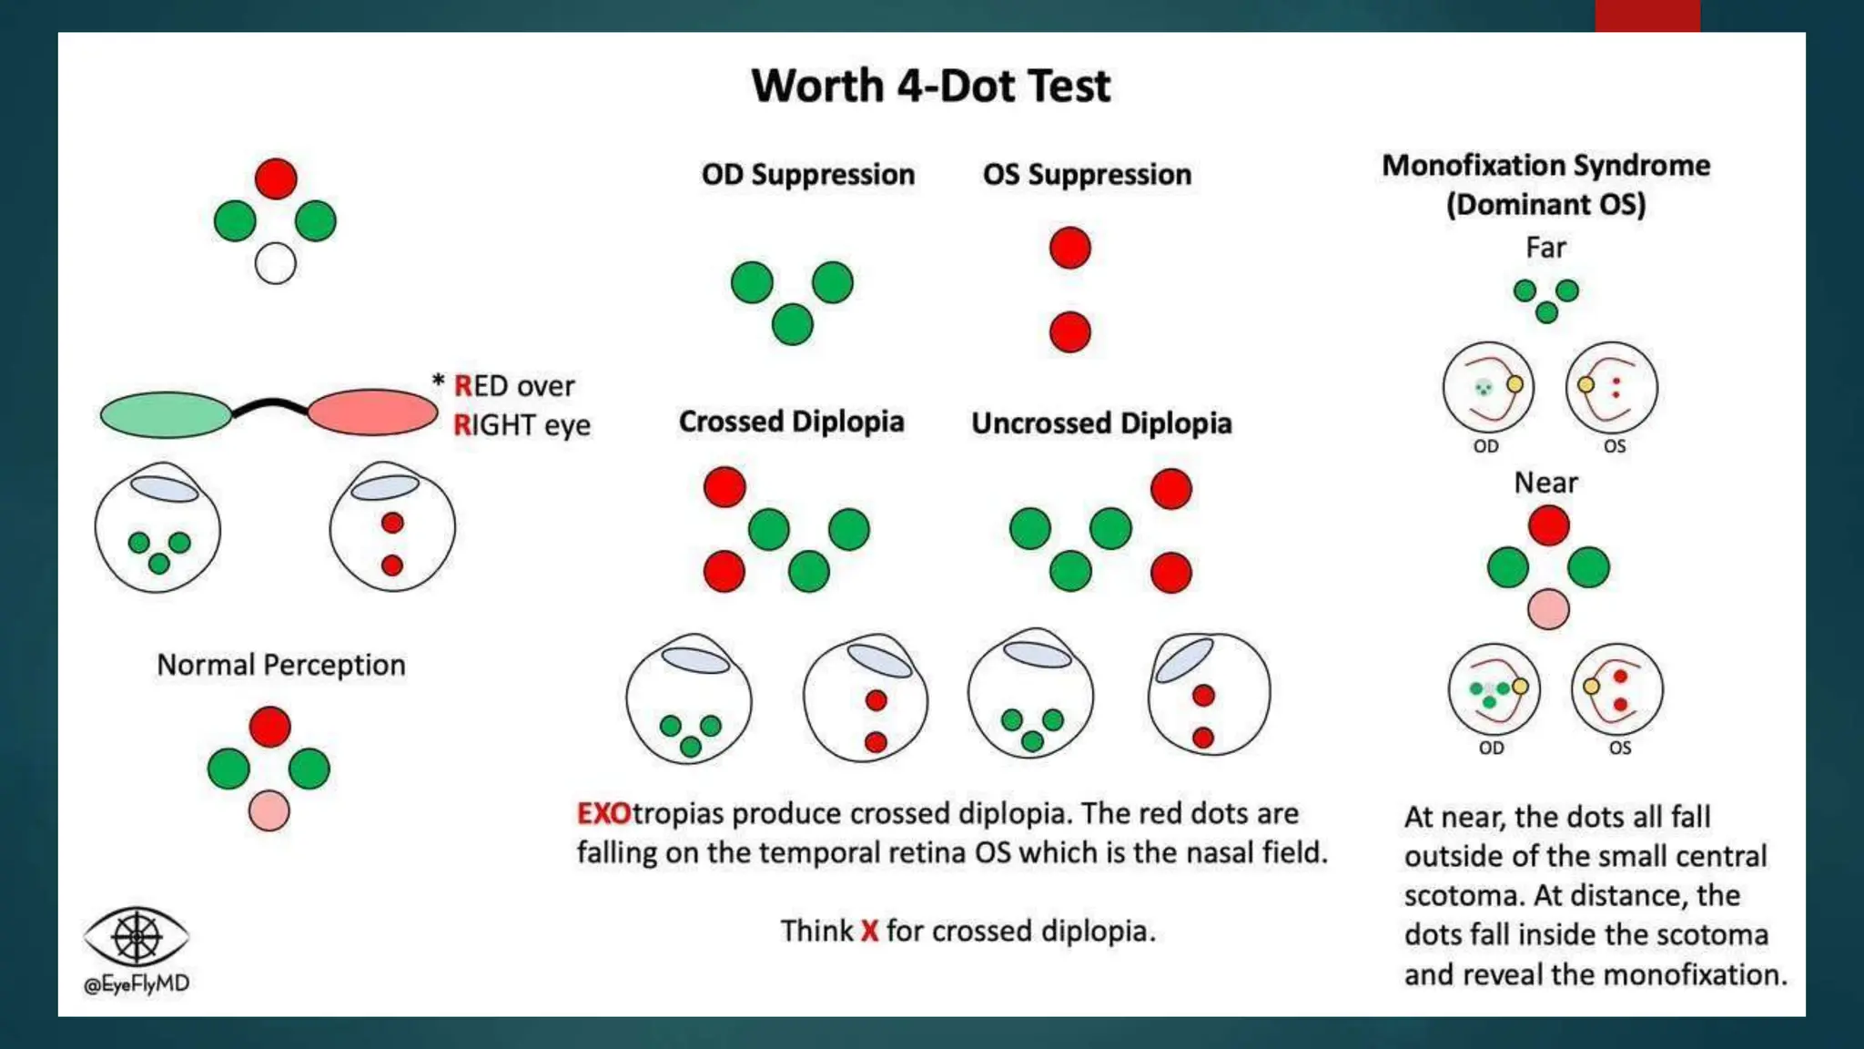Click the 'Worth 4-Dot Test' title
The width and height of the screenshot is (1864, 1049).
[x=930, y=87]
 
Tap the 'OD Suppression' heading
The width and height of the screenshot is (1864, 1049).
[x=807, y=174]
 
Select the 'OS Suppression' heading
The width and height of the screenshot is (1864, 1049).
[x=1087, y=174]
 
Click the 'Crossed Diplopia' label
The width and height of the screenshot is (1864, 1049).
[x=791, y=422]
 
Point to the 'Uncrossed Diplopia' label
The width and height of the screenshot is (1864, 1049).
[x=1101, y=423]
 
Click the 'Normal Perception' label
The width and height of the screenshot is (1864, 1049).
[x=280, y=665]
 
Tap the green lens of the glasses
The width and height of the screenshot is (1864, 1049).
[x=166, y=414]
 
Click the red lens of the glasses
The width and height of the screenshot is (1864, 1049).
[x=372, y=412]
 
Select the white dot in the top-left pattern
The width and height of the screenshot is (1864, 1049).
[x=275, y=264]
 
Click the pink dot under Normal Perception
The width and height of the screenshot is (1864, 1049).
[x=268, y=810]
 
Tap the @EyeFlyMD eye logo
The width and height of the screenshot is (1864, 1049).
[x=137, y=936]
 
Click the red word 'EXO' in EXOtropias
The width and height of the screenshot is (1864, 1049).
[x=603, y=813]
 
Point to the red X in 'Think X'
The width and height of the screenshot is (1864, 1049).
[x=869, y=931]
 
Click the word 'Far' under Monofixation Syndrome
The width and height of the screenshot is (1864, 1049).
[x=1545, y=248]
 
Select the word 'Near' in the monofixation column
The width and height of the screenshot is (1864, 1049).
[x=1545, y=483]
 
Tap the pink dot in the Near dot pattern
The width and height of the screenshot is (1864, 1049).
[x=1548, y=609]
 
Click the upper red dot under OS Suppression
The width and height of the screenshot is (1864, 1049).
[x=1069, y=248]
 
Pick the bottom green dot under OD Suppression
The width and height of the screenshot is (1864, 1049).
[x=792, y=324]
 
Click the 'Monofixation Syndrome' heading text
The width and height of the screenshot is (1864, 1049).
[x=1545, y=166]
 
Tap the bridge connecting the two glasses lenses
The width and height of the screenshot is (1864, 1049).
[x=269, y=405]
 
